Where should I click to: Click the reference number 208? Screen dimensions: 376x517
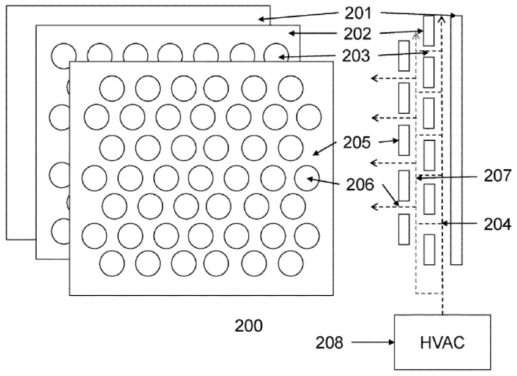(x=329, y=343)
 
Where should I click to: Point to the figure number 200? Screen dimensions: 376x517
(x=248, y=325)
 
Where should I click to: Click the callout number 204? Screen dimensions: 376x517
(x=497, y=223)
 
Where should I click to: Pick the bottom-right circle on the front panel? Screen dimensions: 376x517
(x=291, y=263)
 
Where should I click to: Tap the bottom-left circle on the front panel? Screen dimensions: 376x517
(x=112, y=263)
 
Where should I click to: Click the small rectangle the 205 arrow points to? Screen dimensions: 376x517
(x=404, y=141)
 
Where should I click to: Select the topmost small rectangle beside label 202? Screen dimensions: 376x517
(x=429, y=31)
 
